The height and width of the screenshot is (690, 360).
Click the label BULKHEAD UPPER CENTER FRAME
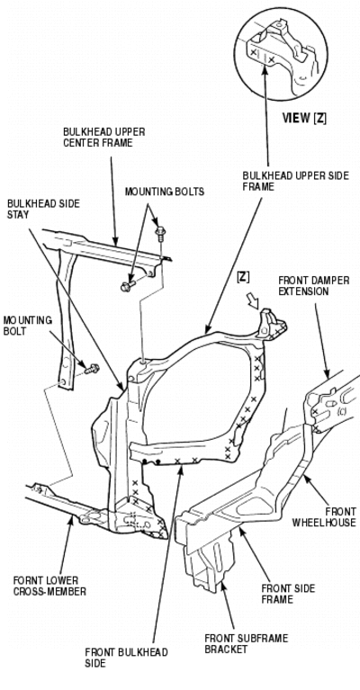(x=104, y=137)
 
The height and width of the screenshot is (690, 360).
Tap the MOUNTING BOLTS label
(x=165, y=192)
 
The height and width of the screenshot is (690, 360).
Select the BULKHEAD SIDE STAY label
(x=43, y=209)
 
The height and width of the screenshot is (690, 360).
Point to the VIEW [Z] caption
(x=304, y=119)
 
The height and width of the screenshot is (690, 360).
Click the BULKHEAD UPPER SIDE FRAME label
(x=296, y=182)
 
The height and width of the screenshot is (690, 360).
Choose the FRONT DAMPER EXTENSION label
(x=314, y=286)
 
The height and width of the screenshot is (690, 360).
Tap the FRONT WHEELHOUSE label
(x=324, y=517)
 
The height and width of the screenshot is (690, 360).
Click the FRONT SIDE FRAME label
(x=288, y=594)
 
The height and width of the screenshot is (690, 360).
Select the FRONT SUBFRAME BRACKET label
(x=247, y=644)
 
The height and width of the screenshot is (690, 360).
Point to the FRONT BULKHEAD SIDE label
(x=126, y=658)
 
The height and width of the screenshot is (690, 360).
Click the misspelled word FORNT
(x=25, y=581)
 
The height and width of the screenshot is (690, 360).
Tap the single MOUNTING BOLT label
(x=27, y=325)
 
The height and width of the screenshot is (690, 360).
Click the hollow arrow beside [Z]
(x=254, y=302)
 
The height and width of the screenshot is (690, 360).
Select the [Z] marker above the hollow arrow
(x=242, y=277)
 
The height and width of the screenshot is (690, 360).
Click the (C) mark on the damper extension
(x=341, y=411)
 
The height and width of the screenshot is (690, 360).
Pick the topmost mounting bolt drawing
(x=159, y=233)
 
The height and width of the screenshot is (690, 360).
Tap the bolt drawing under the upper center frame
(x=128, y=286)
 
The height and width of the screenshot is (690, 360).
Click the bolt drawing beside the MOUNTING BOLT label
(x=92, y=369)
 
